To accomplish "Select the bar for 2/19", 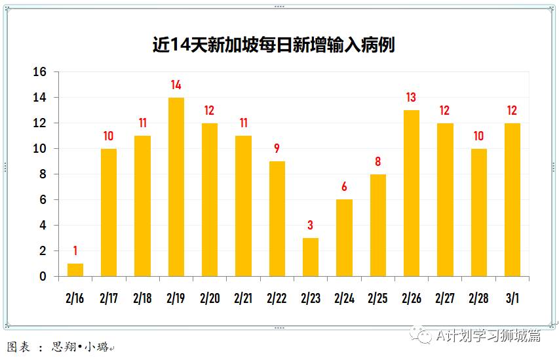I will pos(176,187).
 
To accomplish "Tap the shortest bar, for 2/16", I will pos(75,270).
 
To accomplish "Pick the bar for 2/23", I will pos(311,257).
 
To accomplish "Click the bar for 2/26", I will pos(411,193).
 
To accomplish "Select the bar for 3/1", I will pos(512,199).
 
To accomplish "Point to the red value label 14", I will pos(176,85).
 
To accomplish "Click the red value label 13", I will pos(411,98).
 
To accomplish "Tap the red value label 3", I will pos(311,226).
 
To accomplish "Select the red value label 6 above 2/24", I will pos(344,188).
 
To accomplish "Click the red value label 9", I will pos(277,149).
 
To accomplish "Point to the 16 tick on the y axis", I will pos(40,72).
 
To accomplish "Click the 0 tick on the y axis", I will pos(43,277).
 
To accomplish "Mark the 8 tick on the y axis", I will pos(43,174).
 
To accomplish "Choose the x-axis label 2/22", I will pos(277,298).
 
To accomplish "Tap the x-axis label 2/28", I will pos(478,298).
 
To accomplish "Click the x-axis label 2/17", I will pos(109,298).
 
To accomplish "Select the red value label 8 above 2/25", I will pos(377,162).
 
